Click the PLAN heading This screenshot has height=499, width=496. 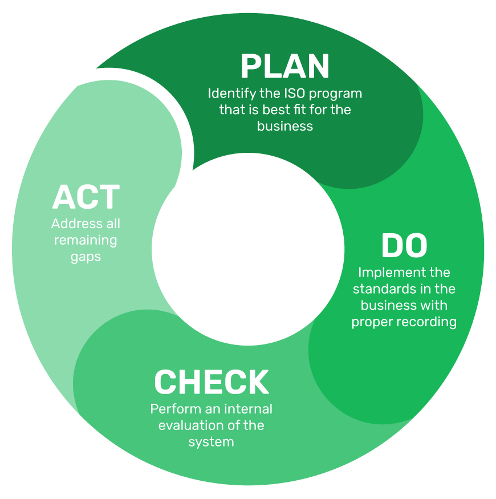coord(285,66)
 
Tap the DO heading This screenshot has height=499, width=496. coord(404,246)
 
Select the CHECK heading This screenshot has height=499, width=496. coord(212,382)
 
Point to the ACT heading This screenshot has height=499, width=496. coord(86,197)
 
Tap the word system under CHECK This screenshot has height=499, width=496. coord(212,442)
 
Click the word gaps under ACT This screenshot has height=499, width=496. coord(86,257)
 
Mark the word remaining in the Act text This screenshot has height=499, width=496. coord(86,240)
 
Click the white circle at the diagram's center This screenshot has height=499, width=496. coord(248,250)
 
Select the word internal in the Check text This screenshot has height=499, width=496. coord(248,409)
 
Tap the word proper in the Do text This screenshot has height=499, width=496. coord(369,322)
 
